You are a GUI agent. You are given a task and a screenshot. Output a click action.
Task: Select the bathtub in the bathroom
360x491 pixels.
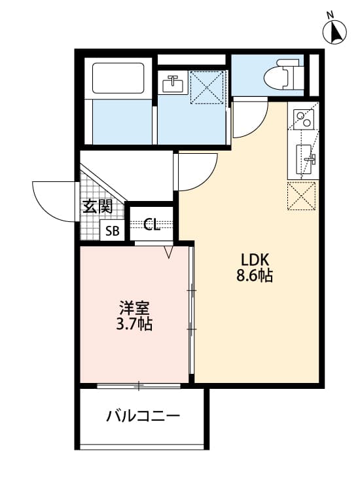[118, 78]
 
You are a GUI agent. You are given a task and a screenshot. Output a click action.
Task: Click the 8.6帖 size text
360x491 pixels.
[255, 276]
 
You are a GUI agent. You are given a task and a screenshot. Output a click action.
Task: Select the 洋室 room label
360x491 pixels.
[134, 306]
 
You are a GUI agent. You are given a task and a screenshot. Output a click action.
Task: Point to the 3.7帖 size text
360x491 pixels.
[134, 323]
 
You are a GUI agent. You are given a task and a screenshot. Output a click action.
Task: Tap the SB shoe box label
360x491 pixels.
[113, 230]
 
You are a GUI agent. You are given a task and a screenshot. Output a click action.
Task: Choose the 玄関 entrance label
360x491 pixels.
[97, 207]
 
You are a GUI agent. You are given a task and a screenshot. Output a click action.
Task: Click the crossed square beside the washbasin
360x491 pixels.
[207, 88]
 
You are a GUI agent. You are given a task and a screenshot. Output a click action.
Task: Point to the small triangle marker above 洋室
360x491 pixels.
[169, 251]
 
